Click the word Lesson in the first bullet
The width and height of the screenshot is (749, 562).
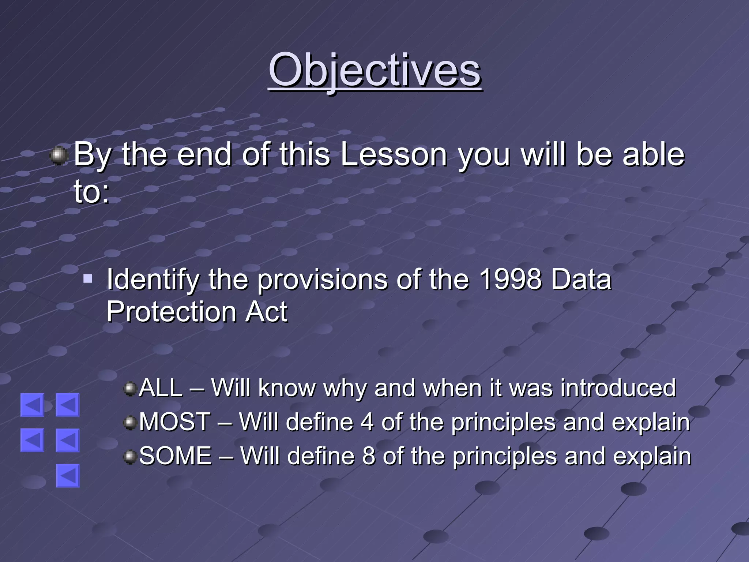[x=394, y=154]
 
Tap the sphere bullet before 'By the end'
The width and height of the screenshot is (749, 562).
[x=59, y=156]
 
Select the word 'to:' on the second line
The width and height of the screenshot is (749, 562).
[x=91, y=191]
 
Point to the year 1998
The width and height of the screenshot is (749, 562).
[x=510, y=279]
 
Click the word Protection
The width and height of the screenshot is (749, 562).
[x=171, y=312]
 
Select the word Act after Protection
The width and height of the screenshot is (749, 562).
[x=266, y=312]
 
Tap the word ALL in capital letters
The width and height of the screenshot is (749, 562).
[x=161, y=387]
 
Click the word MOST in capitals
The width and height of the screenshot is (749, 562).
[x=175, y=421]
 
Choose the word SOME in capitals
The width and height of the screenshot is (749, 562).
[x=176, y=456]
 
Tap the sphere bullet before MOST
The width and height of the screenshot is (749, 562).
[x=130, y=423]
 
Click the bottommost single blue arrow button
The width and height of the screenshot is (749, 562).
[x=68, y=476]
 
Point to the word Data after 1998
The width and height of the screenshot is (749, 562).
[x=581, y=279]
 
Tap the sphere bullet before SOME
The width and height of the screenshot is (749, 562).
[x=130, y=457]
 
